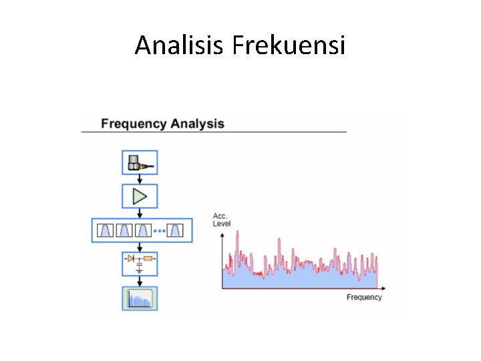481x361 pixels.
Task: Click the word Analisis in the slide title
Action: click(180, 45)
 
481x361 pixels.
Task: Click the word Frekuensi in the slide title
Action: click(289, 45)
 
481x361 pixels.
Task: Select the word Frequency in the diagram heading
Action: click(133, 124)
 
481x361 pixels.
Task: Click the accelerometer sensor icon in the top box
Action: click(139, 162)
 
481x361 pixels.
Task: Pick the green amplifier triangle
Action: click(140, 197)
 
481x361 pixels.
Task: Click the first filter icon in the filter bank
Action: click(106, 231)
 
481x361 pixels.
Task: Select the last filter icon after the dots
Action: click(176, 231)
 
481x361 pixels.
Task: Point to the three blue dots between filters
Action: click(159, 231)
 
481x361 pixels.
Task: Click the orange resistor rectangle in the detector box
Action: click(148, 258)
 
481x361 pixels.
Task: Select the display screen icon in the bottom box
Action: click(140, 299)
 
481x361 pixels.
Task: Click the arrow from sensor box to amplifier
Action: click(140, 179)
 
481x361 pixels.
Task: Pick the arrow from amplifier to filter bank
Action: click(140, 213)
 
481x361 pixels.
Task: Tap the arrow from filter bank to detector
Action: click(140, 247)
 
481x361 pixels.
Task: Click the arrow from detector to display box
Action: click(140, 281)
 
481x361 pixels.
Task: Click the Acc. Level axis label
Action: click(222, 220)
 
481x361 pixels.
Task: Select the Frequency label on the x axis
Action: click(364, 297)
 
